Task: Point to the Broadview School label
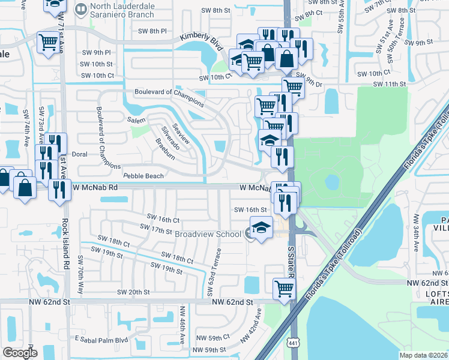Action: click(207, 234)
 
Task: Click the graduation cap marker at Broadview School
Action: click(260, 229)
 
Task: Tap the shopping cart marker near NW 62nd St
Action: click(285, 289)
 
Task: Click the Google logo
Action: click(20, 353)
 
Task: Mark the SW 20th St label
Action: click(134, 292)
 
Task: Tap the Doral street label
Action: click(80, 154)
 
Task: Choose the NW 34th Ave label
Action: click(415, 233)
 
